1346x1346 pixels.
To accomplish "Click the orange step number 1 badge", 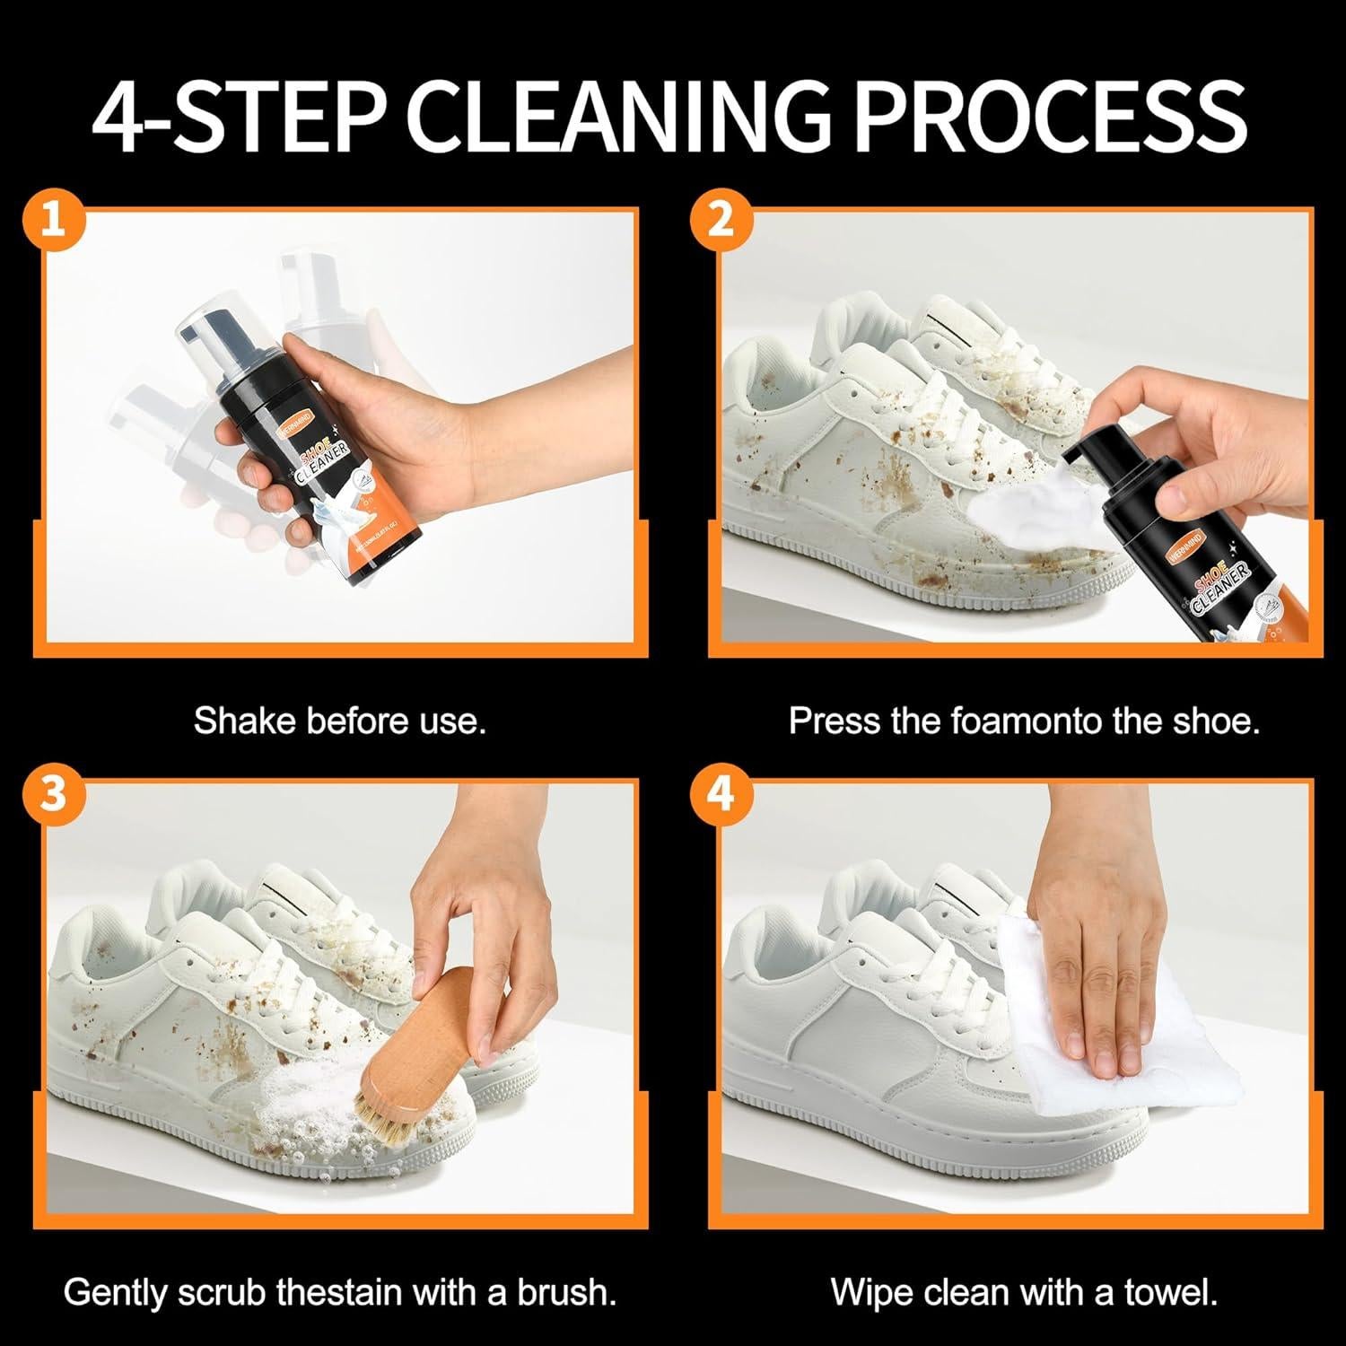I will [54, 221].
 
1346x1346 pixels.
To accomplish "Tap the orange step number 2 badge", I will [721, 221].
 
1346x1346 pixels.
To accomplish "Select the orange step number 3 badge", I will [54, 793].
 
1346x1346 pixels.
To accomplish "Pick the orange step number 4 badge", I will [721, 793].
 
